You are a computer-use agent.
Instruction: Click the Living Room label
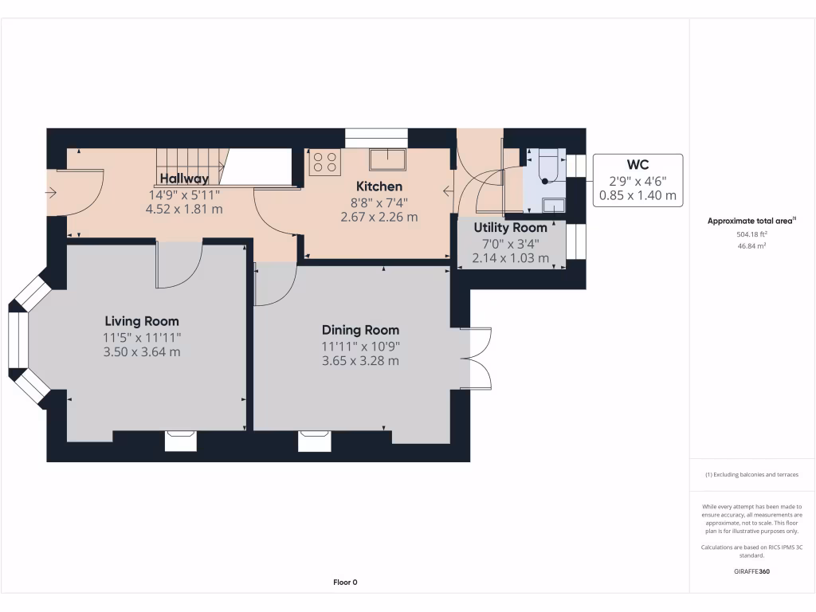pyautogui.click(x=142, y=321)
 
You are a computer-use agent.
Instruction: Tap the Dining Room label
pyautogui.click(x=360, y=330)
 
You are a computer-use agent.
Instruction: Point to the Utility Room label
pyautogui.click(x=511, y=228)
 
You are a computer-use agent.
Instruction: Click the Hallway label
pyautogui.click(x=184, y=178)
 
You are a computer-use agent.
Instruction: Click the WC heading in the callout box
pyautogui.click(x=637, y=165)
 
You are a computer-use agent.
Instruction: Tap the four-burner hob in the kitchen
pyautogui.click(x=324, y=162)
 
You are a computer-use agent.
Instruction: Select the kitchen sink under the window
pyautogui.click(x=387, y=159)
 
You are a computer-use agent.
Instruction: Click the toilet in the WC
pyautogui.click(x=548, y=168)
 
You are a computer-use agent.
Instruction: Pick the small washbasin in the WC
pyautogui.click(x=553, y=206)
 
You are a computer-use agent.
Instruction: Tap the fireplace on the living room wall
pyautogui.click(x=180, y=441)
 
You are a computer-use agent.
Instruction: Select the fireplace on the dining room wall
pyautogui.click(x=314, y=441)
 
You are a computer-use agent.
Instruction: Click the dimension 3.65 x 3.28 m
pyautogui.click(x=360, y=361)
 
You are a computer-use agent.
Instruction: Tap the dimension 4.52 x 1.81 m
pyautogui.click(x=183, y=209)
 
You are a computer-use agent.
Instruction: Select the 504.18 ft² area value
pyautogui.click(x=751, y=235)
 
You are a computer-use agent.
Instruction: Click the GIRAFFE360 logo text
pyautogui.click(x=751, y=571)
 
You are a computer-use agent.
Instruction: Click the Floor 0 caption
pyautogui.click(x=345, y=583)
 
